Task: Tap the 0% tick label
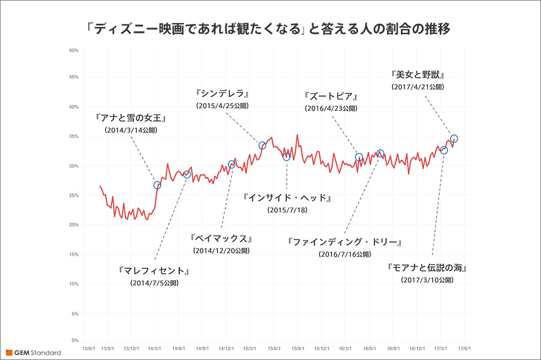point(75,341)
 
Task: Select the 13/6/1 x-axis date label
point(89,349)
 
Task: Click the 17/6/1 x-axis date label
point(464,349)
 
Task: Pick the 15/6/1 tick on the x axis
point(274,349)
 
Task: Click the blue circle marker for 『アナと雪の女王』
point(157,185)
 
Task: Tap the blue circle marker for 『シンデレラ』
point(262,145)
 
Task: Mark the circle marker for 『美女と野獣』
point(454,139)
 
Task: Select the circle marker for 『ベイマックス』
point(232,164)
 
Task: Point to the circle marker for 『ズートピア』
point(359,157)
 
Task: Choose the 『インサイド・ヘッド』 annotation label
point(287,198)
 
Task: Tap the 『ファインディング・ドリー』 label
point(345,242)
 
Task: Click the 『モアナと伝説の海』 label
point(427,268)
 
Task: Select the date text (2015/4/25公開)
point(222,106)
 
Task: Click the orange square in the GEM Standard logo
point(9,352)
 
